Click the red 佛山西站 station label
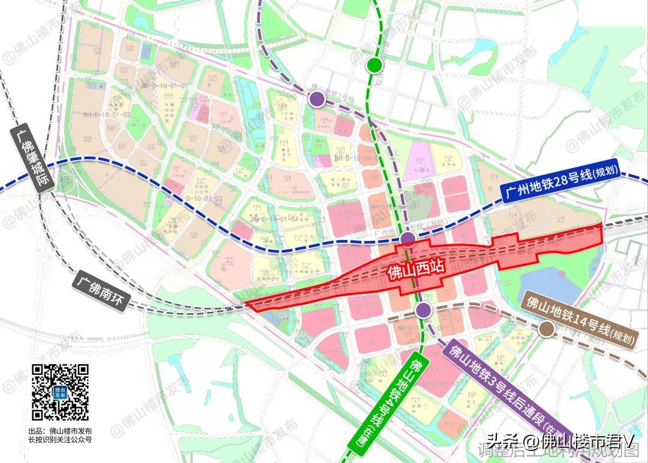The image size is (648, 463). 412,270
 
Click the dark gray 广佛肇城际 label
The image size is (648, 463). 33,157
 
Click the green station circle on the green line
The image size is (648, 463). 375,64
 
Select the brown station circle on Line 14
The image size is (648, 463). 546,329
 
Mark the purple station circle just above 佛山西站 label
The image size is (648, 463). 408,240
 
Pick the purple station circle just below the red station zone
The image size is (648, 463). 424,309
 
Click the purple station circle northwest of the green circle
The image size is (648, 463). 317,100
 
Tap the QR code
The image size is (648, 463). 60,392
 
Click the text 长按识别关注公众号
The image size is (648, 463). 60,440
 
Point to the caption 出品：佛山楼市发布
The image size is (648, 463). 60,431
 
